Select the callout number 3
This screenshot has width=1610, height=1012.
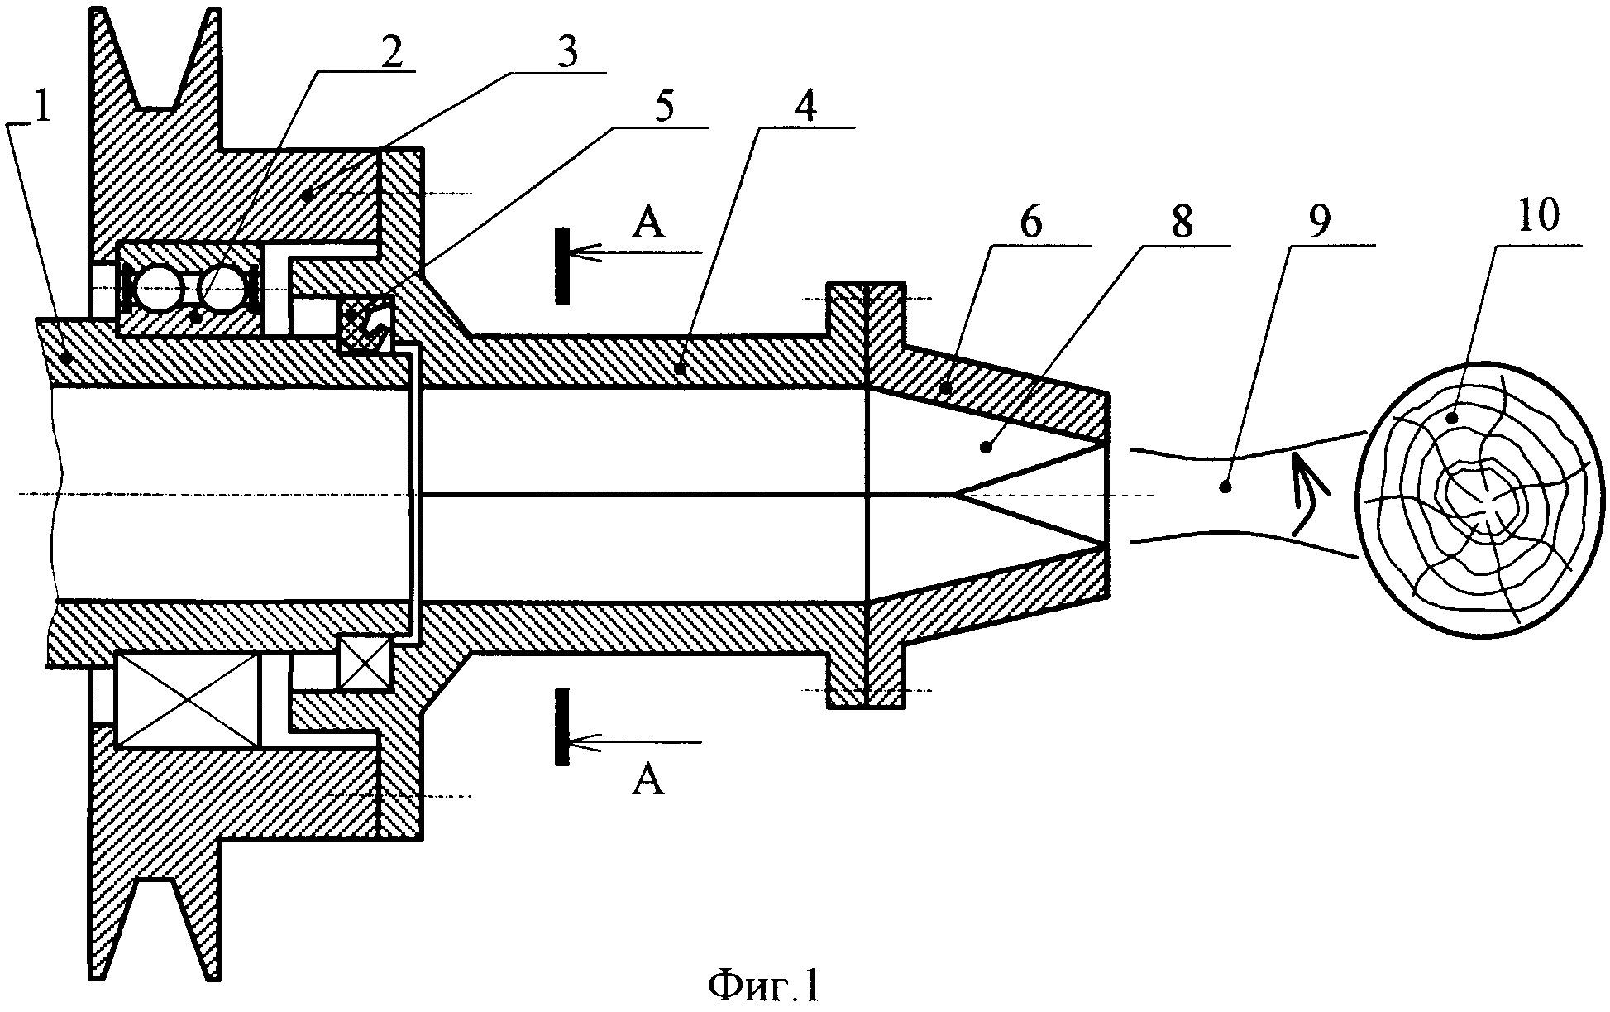pyautogui.click(x=566, y=52)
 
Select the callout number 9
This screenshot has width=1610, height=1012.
pyautogui.click(x=1331, y=223)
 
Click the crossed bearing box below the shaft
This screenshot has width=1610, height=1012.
pyautogui.click(x=189, y=698)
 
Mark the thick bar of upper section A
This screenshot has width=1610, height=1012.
pyautogui.click(x=562, y=265)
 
